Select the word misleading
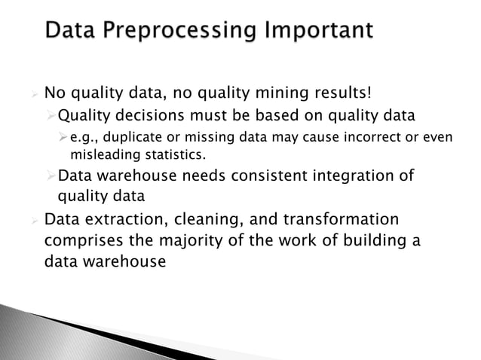click(104, 154)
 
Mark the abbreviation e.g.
click(83, 139)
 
